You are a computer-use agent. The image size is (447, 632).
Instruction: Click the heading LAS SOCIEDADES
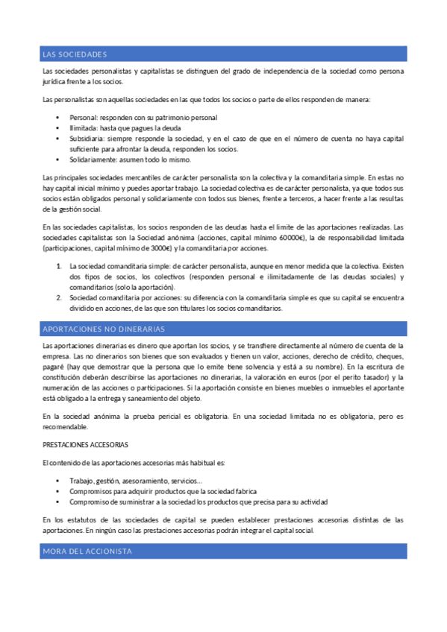75,54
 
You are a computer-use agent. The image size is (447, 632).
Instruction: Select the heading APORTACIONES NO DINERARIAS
104,329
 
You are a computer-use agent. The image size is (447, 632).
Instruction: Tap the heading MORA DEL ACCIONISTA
87,552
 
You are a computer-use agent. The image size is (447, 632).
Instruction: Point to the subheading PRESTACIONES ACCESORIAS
85,445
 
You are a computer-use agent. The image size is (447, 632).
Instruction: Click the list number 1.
60,266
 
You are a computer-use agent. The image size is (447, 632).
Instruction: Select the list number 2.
60,297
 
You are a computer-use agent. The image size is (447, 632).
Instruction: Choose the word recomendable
66,426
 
